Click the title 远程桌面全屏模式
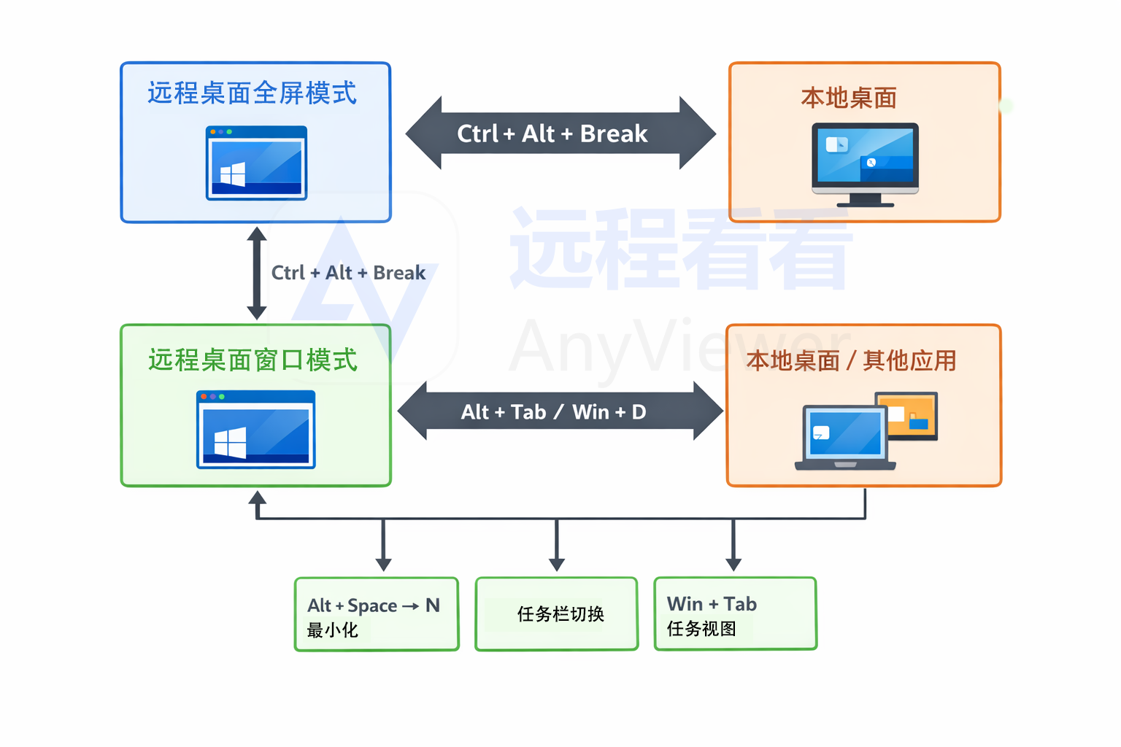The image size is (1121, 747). (252, 93)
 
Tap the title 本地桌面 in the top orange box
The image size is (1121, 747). (849, 98)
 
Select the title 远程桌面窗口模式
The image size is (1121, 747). (253, 360)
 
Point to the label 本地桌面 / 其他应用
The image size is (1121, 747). (851, 360)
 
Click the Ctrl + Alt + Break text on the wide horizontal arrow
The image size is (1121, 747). (552, 133)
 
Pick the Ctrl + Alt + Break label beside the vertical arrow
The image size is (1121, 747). (348, 273)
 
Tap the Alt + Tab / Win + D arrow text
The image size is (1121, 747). (553, 412)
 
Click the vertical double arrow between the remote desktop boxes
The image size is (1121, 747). (256, 273)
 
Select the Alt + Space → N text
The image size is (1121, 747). (373, 605)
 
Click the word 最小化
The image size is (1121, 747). (333, 630)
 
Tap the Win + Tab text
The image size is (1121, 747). (712, 604)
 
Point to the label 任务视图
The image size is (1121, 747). (701, 629)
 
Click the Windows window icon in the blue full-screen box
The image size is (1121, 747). (256, 163)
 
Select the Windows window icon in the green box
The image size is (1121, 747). (256, 430)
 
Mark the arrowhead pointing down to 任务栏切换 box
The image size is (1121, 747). (557, 565)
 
